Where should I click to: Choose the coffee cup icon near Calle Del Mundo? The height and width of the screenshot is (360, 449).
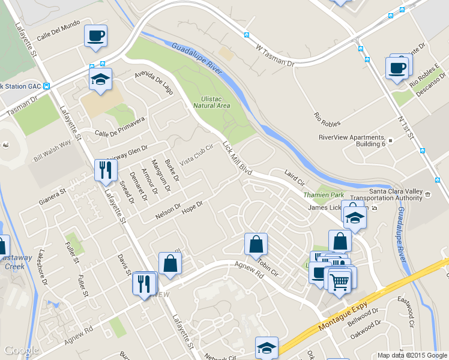95,36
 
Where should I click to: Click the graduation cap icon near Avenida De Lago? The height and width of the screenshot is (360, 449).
100,79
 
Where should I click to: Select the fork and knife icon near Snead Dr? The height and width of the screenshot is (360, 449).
106,169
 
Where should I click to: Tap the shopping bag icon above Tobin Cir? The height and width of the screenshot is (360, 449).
256,244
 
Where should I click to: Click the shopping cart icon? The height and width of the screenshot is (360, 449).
340,280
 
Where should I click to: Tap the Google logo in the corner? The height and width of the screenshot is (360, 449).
21,350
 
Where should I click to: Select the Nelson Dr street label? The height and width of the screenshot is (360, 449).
168,211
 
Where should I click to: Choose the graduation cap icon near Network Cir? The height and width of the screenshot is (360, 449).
267,348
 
